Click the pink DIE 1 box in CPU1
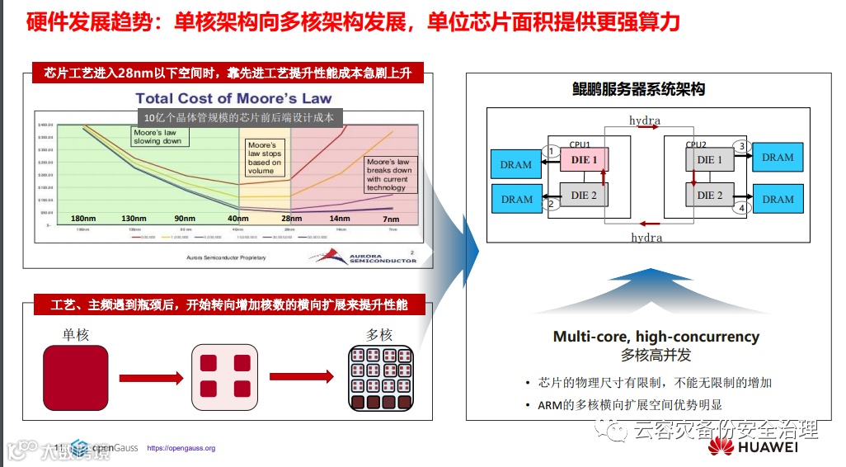tap(584, 159)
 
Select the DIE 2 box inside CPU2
tap(709, 196)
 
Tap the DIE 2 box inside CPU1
tap(584, 196)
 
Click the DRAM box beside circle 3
tap(778, 157)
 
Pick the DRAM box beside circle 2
tap(516, 199)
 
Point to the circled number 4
tap(741, 208)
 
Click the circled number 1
tap(551, 151)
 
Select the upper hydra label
tap(645, 120)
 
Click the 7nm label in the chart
tap(392, 219)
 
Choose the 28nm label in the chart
tap(289, 219)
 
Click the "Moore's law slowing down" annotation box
tap(160, 136)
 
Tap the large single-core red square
tap(75, 377)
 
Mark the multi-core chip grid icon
tap(380, 378)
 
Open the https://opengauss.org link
tap(181, 448)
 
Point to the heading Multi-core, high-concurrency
tap(656, 337)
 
